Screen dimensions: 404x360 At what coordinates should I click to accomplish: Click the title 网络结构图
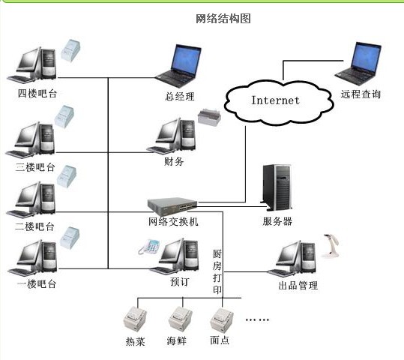pos(223,19)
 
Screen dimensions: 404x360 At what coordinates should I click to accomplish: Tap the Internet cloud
pos(278,103)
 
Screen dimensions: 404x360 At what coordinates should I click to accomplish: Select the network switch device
pos(172,206)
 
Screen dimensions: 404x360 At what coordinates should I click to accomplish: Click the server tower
pos(277,187)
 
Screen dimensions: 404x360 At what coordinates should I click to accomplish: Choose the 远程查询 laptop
pos(359,64)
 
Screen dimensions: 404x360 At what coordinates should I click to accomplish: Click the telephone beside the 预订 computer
pos(149,247)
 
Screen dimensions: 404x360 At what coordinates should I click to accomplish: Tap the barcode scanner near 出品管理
pos(331,246)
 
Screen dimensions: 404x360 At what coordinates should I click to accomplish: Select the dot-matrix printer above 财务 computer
pos(209,117)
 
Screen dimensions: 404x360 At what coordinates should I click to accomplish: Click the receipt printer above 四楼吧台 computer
pos(70,50)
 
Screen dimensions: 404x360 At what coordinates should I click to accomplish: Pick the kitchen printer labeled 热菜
pos(135,319)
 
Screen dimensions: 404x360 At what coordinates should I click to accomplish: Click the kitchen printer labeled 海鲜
pos(180,318)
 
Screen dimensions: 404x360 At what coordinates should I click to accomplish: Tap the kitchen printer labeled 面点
pos(222,319)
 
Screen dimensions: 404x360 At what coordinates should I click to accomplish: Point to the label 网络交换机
pos(173,221)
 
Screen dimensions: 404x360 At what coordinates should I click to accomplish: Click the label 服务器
pos(277,221)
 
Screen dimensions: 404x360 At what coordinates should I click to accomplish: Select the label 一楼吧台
pos(37,284)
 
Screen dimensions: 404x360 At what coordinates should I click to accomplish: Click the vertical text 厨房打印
pos(217,271)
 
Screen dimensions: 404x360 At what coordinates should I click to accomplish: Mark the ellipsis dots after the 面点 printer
pos(257,319)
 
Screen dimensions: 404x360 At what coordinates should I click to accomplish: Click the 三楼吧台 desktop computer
pos(31,139)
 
